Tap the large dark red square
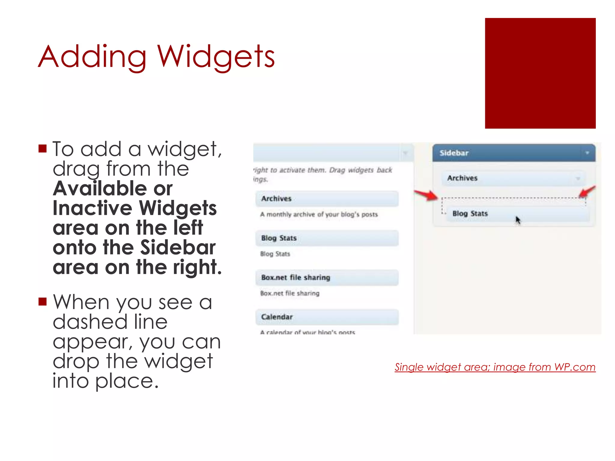coord(540,73)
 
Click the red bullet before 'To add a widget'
coord(43,149)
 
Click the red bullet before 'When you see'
coord(43,301)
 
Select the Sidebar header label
coord(454,153)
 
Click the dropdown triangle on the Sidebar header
coord(587,153)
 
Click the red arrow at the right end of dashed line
coord(587,191)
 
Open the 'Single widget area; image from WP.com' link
coord(495,367)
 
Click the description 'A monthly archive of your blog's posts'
coord(319,215)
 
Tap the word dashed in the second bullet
coord(90,322)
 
